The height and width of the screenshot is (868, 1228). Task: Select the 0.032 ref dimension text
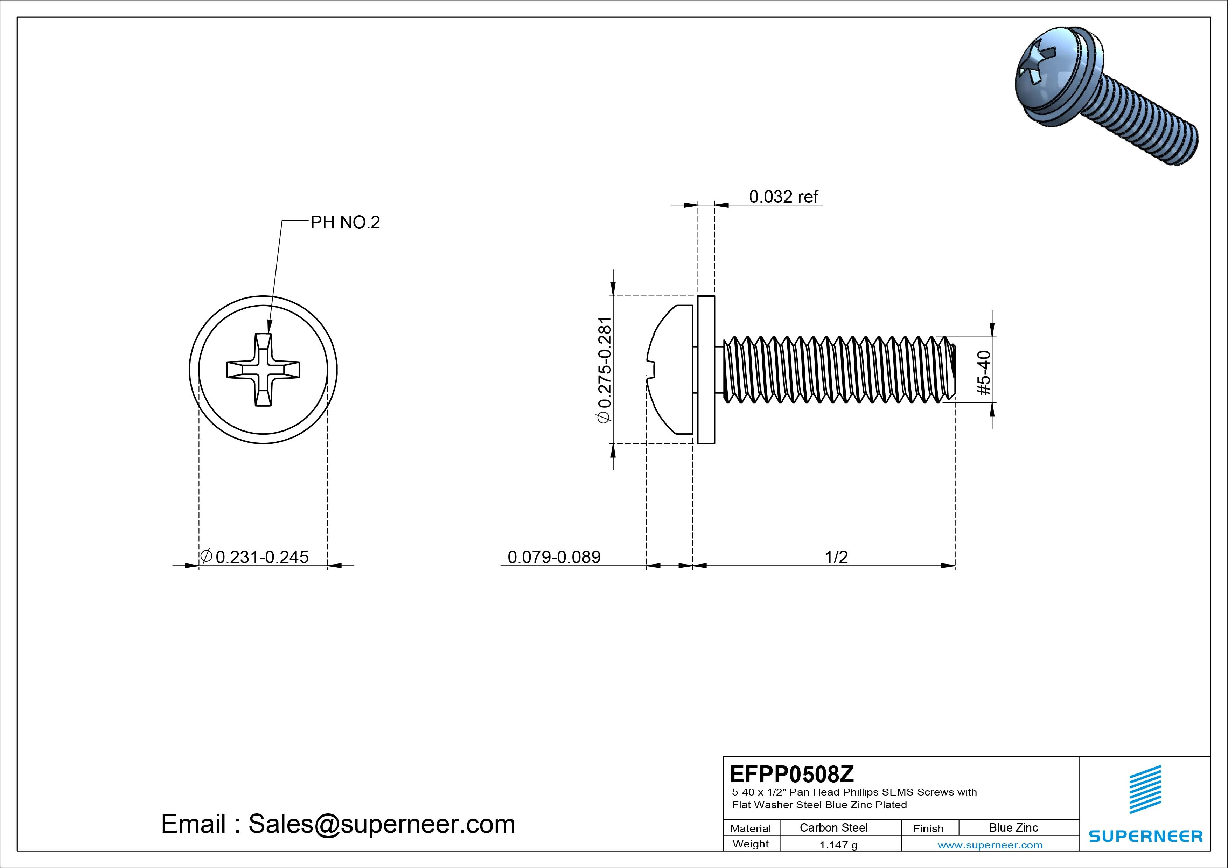(783, 197)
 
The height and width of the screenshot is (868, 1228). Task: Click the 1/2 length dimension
(836, 557)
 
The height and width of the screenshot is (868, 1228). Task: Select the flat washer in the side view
(706, 370)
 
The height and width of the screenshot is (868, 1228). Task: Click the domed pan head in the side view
(671, 370)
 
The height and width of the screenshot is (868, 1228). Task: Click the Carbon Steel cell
(833, 828)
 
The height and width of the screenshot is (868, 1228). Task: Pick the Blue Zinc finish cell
(1013, 828)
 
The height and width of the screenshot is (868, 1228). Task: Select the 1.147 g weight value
(838, 845)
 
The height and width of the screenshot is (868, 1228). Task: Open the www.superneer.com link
(990, 845)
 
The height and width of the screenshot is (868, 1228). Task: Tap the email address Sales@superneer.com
(381, 824)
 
